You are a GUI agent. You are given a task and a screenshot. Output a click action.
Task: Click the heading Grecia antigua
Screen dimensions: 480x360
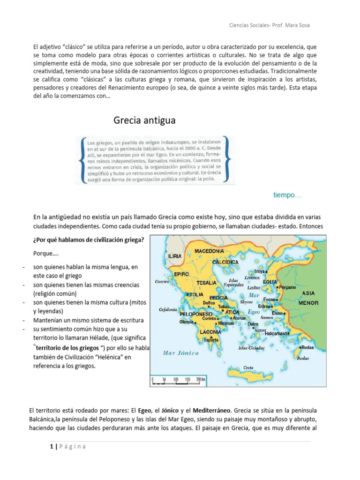144,120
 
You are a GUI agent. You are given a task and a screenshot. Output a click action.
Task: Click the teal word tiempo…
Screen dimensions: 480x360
287,195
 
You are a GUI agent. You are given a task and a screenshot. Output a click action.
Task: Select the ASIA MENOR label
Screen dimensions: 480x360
308,298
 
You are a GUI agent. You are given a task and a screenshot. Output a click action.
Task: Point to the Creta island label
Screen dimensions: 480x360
248,367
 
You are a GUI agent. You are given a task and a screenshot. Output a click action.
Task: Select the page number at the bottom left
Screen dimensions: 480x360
51,446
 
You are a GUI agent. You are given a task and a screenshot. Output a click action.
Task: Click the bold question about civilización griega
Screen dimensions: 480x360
89,240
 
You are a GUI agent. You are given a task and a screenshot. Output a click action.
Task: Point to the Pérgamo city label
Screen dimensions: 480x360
287,286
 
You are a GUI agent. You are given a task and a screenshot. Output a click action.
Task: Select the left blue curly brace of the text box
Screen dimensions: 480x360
82,159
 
